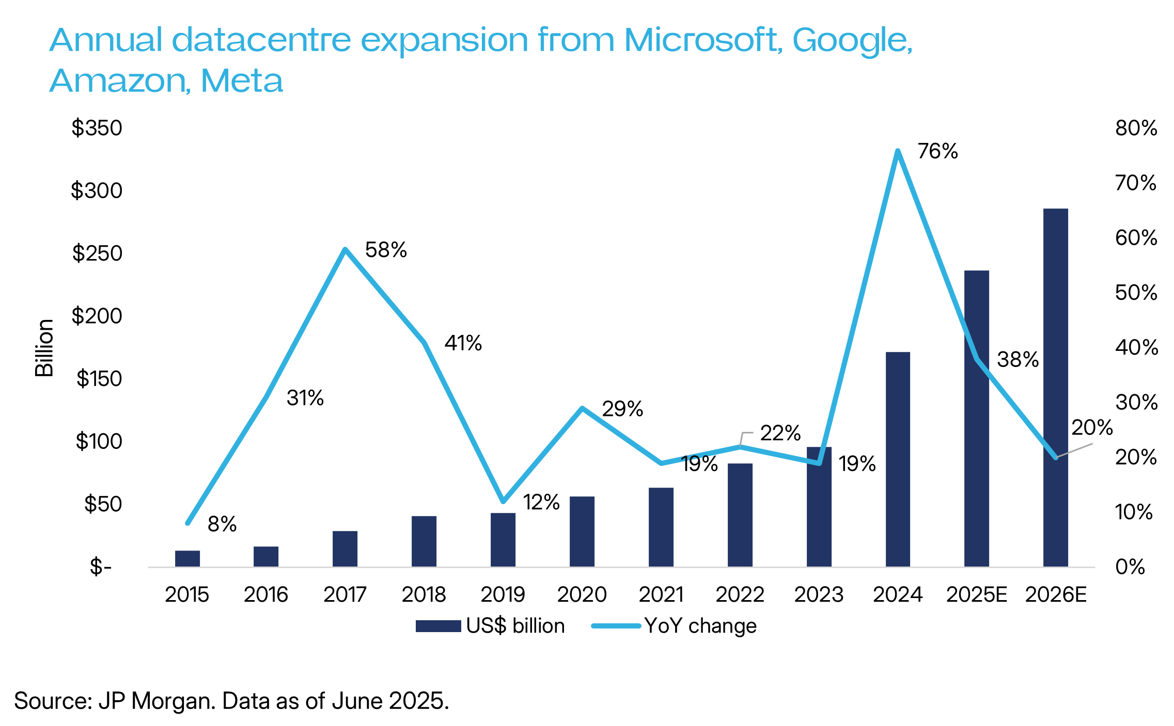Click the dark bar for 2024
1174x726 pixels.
pos(898,459)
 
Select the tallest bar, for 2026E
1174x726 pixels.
pos(1055,387)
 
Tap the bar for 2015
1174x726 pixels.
pos(187,559)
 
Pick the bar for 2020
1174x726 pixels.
pos(582,531)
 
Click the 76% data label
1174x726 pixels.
pos(937,152)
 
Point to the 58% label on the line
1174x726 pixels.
pos(386,250)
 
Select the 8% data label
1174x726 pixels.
pos(222,524)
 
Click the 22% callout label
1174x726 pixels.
pos(780,433)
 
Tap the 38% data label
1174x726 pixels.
pos(1018,360)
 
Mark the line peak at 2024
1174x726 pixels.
pos(898,151)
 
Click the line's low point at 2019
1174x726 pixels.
pos(504,501)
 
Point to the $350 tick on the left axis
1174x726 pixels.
pos(97,128)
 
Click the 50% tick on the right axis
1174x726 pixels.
pos(1136,293)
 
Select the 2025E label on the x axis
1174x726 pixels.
pos(976,595)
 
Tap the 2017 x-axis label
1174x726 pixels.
pos(345,595)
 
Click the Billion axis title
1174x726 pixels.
pos(44,348)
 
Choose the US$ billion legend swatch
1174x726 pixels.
pos(438,626)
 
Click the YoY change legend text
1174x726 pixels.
pos(700,626)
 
